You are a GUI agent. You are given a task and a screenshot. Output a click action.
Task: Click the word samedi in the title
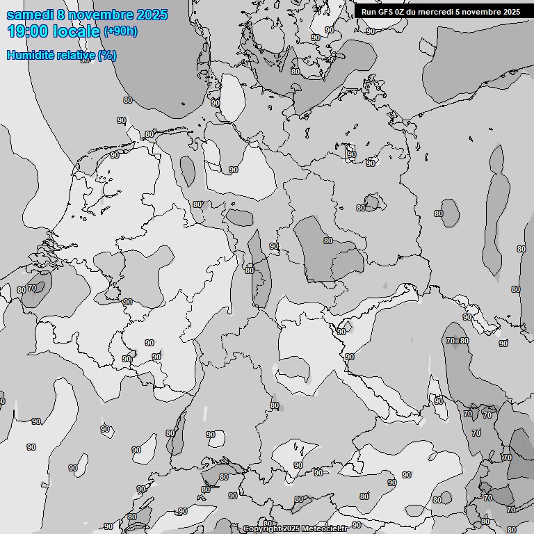pyautogui.click(x=31, y=15)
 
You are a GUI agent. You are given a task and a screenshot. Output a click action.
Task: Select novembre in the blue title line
pyautogui.click(x=103, y=15)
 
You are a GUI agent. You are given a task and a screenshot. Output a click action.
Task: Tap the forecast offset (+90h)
pyautogui.click(x=120, y=31)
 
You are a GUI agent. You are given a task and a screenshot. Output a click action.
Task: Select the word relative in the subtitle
pyautogui.click(x=75, y=55)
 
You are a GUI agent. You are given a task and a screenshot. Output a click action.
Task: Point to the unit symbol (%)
pyautogui.click(x=107, y=55)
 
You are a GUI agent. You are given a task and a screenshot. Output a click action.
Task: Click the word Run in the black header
pyautogui.click(x=369, y=12)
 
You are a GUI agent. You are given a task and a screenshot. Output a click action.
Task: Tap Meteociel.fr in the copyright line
pyautogui.click(x=324, y=529)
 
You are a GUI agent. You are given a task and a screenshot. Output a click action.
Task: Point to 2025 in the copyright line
pyautogui.click(x=290, y=529)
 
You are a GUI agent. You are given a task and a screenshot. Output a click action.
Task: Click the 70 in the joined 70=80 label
pyautogui.click(x=451, y=341)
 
